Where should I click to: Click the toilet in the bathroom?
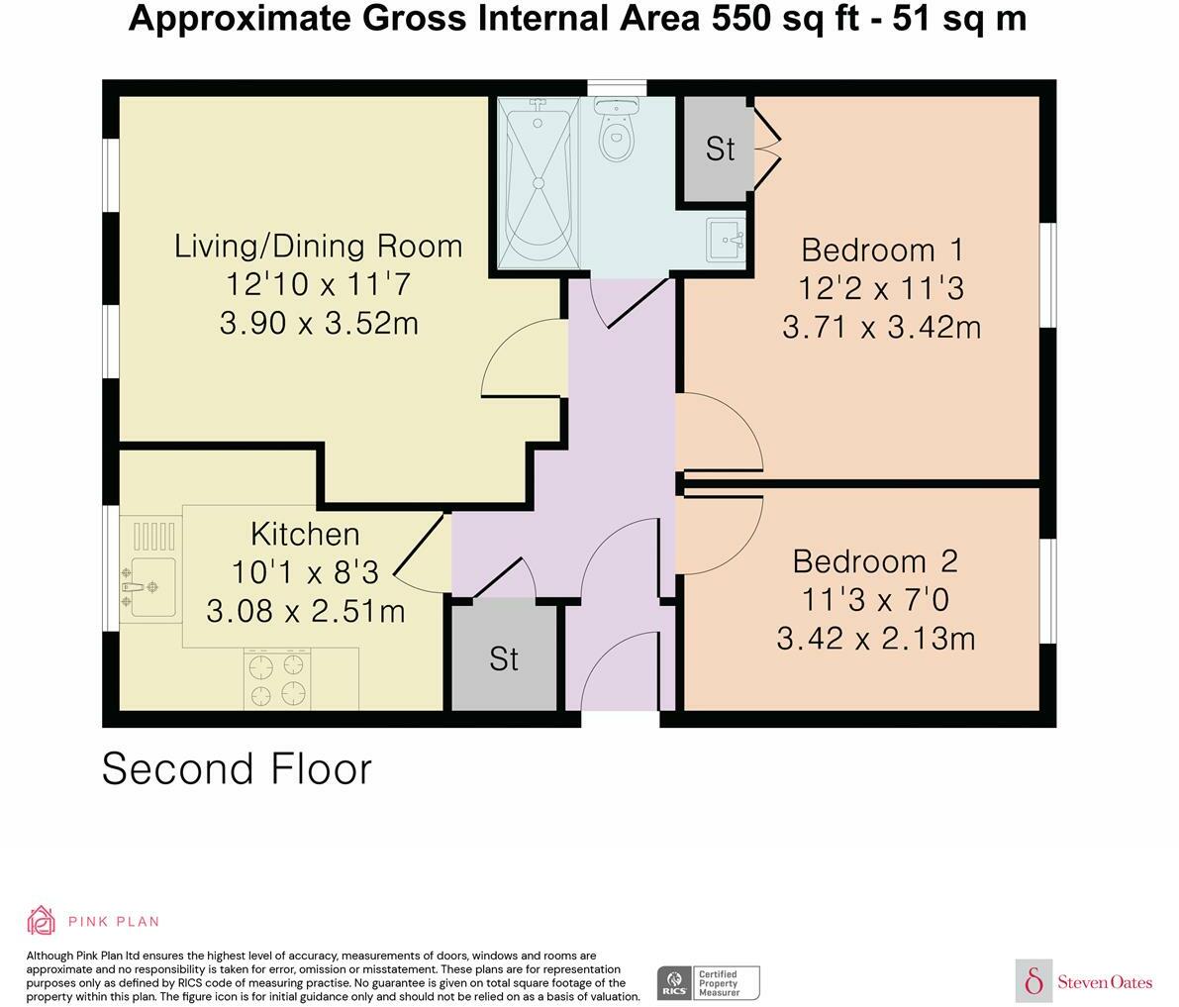616,134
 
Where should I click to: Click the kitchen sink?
148,585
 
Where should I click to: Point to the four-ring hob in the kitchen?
277,678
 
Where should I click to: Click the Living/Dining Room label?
318,246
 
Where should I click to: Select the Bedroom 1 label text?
882,250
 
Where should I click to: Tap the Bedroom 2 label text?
875,561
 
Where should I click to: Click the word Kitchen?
305,535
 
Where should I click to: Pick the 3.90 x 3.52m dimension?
319,323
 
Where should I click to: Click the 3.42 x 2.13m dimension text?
875,639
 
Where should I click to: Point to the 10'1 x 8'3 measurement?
306,572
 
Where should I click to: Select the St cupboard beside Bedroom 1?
720,149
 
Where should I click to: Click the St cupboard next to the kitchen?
504,658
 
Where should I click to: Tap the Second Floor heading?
237,769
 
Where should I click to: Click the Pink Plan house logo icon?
42,920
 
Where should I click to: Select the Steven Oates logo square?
1034,980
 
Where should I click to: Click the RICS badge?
673,983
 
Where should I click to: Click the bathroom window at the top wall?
617,88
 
